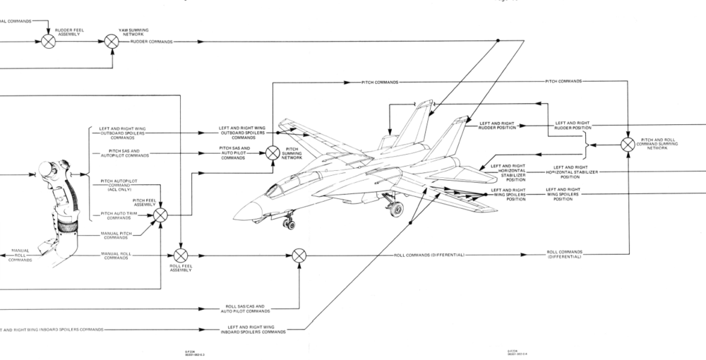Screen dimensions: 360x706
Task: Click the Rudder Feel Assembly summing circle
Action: (48, 41)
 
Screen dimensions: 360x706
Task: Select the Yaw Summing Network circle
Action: (112, 41)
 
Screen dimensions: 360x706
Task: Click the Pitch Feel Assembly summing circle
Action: (161, 214)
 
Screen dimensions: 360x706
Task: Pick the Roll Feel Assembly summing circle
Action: (181, 254)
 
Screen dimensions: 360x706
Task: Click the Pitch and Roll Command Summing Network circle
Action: (628, 144)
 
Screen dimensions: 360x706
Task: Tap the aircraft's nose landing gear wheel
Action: (290, 224)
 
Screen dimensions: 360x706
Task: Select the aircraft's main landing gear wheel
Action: (397, 209)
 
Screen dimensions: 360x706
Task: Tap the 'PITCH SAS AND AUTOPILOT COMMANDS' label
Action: (120, 152)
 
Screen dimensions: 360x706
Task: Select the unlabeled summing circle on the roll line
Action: (299, 254)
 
